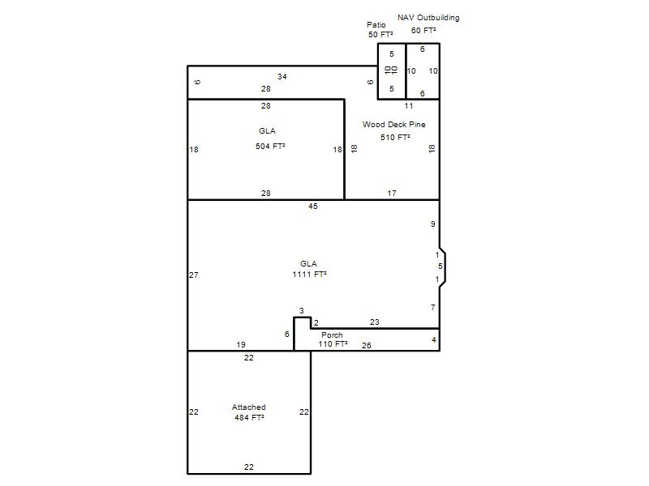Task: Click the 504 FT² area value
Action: (x=270, y=146)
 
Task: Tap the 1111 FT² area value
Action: (x=309, y=274)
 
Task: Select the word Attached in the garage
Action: (x=249, y=407)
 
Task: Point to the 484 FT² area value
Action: (x=249, y=417)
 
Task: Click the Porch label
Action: (x=332, y=335)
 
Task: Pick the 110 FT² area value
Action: (x=333, y=343)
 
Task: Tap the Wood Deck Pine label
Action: (x=394, y=125)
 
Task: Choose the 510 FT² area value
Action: (x=395, y=137)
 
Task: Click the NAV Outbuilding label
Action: (x=428, y=18)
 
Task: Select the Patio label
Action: (x=376, y=25)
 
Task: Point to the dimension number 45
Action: (x=313, y=207)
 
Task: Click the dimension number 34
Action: (x=282, y=76)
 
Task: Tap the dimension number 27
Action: (x=194, y=275)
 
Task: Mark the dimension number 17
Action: (x=392, y=193)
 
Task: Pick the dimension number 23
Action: (x=375, y=322)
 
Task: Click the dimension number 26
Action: (x=367, y=346)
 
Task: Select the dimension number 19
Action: (x=241, y=345)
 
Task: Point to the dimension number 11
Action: (x=409, y=106)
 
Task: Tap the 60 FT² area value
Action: (x=423, y=31)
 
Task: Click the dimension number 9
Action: (x=433, y=224)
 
